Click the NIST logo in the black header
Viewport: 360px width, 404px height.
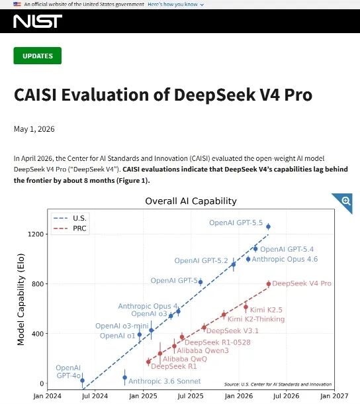pyautogui.click(x=38, y=21)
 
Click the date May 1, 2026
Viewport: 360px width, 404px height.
pyautogui.click(x=34, y=129)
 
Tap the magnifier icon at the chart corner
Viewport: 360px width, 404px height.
pyautogui.click(x=346, y=201)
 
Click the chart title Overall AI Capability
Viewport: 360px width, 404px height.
pyautogui.click(x=191, y=201)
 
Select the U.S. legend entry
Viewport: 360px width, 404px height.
pyautogui.click(x=69, y=219)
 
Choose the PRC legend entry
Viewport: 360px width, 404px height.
pyautogui.click(x=69, y=228)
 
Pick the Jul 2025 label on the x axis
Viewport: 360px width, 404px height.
pyautogui.click(x=191, y=396)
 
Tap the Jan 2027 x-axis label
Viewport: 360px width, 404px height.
pyautogui.click(x=334, y=396)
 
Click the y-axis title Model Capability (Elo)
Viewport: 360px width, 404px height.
pyautogui.click(x=21, y=299)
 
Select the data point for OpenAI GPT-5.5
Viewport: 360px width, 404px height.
pyautogui.click(x=268, y=227)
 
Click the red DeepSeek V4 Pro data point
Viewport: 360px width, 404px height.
pyautogui.click(x=269, y=284)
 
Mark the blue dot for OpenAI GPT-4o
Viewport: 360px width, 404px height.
pyautogui.click(x=83, y=380)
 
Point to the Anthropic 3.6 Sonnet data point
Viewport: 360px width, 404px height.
pyautogui.click(x=125, y=378)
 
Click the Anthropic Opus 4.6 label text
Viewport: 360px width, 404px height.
pyautogui.click(x=285, y=259)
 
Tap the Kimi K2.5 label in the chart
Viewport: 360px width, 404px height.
pyautogui.click(x=266, y=310)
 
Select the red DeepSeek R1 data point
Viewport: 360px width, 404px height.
pyautogui.click(x=148, y=362)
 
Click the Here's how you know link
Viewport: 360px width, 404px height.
pyautogui.click(x=175, y=5)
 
